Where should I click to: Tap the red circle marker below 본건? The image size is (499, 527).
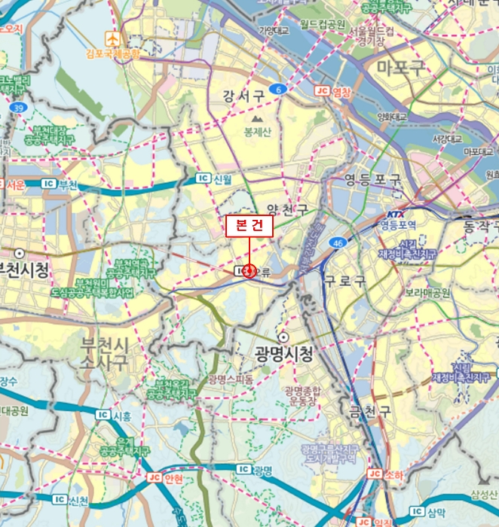249,270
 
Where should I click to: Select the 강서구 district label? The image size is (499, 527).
243,96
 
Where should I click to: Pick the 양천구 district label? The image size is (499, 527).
287,210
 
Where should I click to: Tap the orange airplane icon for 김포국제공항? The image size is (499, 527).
112,38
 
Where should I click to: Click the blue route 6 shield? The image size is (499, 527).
280,90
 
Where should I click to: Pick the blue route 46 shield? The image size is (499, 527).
337,243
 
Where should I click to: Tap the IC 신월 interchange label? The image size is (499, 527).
214,178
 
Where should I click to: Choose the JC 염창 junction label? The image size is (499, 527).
332,92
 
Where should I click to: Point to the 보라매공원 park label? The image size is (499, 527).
427,291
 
